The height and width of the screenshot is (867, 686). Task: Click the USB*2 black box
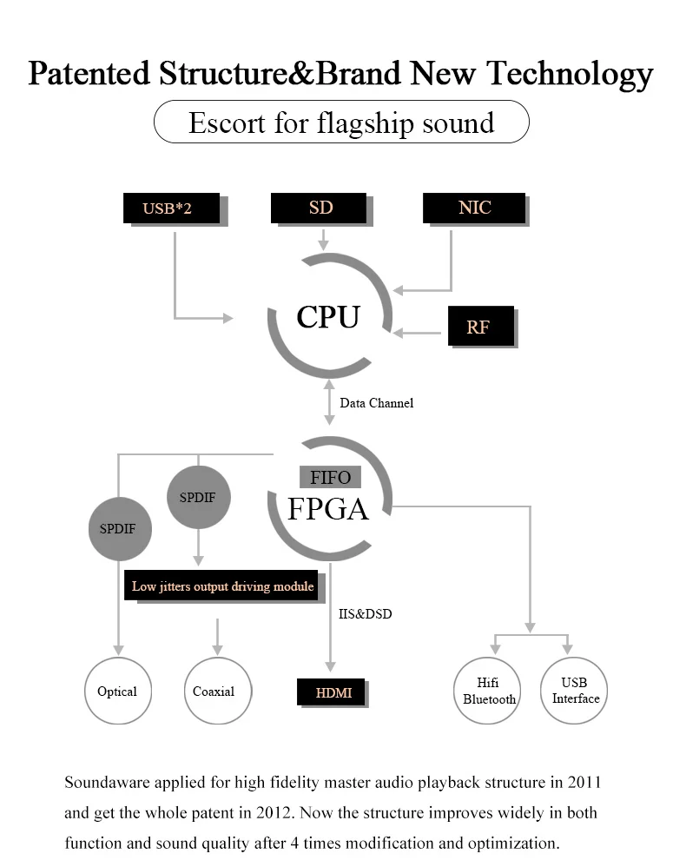coord(171,208)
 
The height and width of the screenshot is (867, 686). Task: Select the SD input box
coord(319,208)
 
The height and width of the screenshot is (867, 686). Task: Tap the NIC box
coord(474,208)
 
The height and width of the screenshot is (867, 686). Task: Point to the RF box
coord(481,326)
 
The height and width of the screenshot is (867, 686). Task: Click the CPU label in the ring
coord(328,317)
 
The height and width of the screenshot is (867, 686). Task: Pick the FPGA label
coord(327,509)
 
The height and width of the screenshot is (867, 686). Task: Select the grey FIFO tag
coord(330,477)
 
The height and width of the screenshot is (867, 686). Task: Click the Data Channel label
coord(377,403)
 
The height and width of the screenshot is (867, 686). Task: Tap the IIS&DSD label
coord(366,613)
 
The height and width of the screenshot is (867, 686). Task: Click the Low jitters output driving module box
coord(221,586)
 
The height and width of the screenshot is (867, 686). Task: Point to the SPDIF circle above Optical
coord(120,528)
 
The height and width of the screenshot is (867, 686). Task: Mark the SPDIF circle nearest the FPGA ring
coord(199,497)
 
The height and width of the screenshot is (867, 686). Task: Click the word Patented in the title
coord(89,73)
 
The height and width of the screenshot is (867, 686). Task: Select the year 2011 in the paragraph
coord(584,782)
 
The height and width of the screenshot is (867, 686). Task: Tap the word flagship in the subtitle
coord(365,123)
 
